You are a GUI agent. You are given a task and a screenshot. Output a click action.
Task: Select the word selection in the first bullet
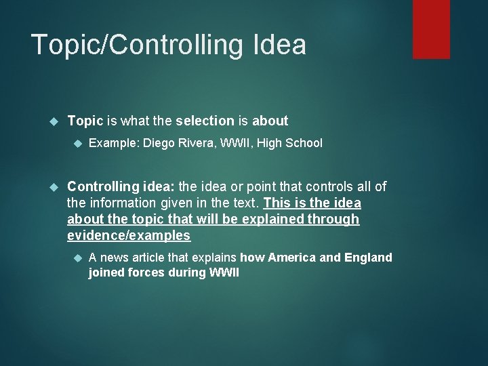[x=205, y=121]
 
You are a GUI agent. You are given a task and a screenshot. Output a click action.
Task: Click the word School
[x=304, y=143]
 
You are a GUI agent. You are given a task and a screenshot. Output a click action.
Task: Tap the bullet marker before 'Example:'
[x=77, y=144]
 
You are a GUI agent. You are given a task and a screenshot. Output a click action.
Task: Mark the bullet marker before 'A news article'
[x=77, y=258]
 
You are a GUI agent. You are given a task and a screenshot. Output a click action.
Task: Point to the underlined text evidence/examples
[x=129, y=235]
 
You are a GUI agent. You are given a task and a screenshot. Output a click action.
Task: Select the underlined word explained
[x=273, y=219]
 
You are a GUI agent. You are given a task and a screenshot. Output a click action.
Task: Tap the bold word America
[x=291, y=258]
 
